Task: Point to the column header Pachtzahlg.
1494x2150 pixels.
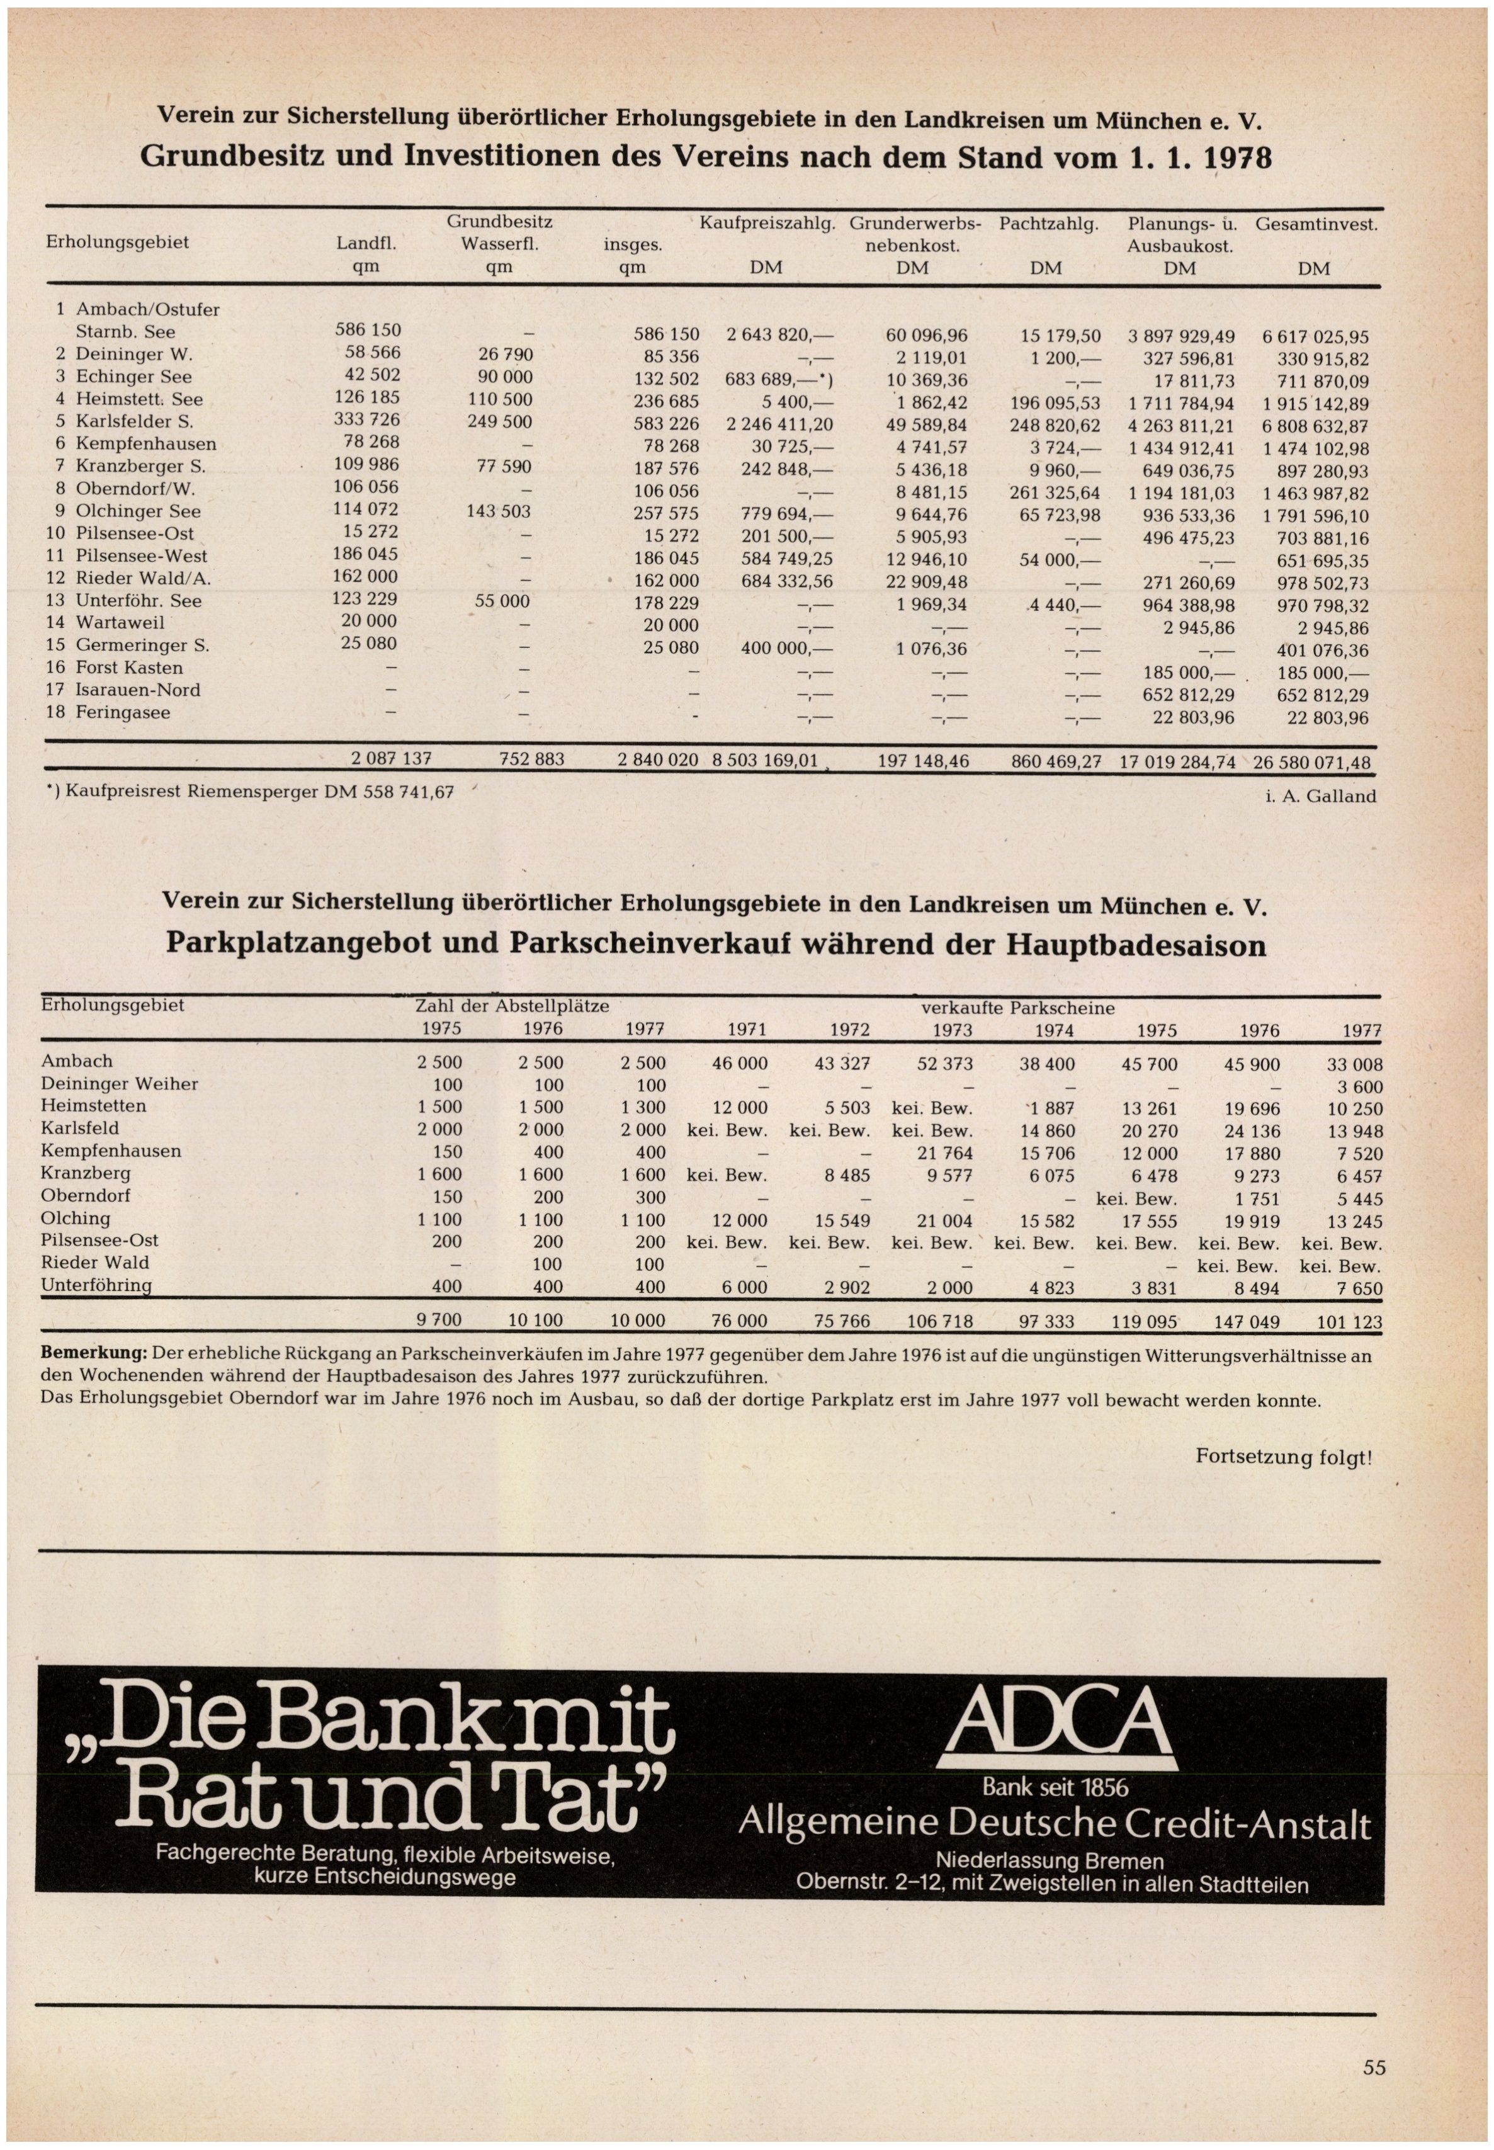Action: pyautogui.click(x=1048, y=225)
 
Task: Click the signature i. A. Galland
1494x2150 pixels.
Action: pyautogui.click(x=1320, y=796)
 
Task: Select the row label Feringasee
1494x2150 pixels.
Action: pyautogui.click(x=123, y=713)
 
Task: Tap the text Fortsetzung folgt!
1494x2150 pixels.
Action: pyautogui.click(x=1283, y=1457)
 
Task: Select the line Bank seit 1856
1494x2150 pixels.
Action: pyautogui.click(x=1055, y=1788)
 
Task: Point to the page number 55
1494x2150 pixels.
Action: pyautogui.click(x=1373, y=2067)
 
